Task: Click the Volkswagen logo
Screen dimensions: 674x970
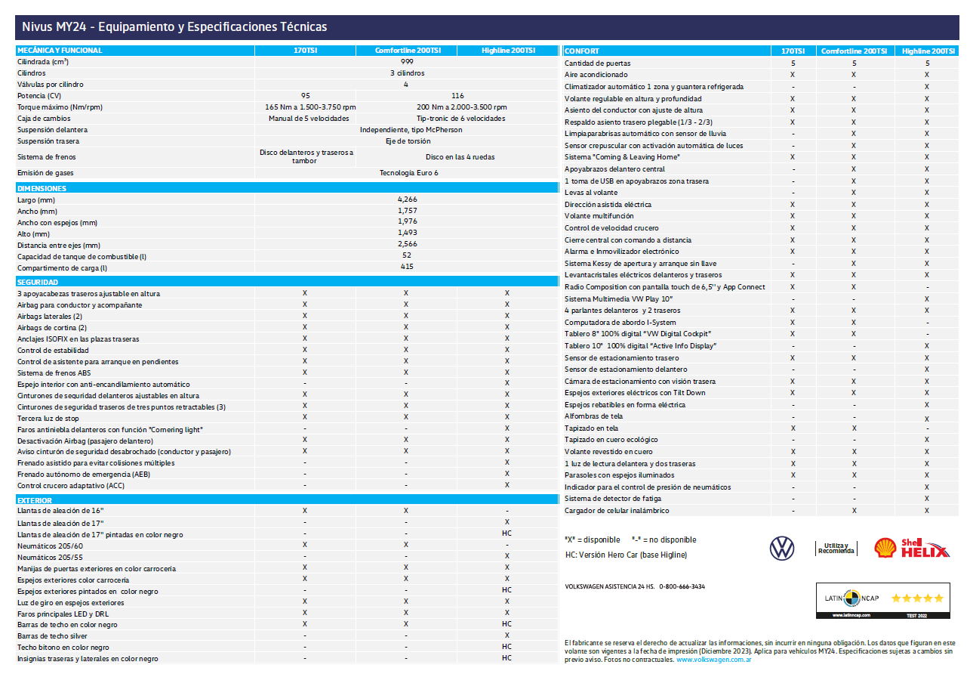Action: click(782, 548)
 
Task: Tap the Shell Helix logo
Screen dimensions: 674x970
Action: click(911, 548)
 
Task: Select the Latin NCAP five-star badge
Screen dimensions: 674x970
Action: click(883, 600)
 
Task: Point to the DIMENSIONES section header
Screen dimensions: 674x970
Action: click(42, 188)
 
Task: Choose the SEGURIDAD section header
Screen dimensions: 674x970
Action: click(38, 282)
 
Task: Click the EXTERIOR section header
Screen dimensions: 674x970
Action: click(35, 500)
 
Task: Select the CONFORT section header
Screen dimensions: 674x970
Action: click(583, 51)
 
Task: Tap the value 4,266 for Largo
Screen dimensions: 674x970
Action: click(407, 199)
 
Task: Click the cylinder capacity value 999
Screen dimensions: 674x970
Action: click(407, 62)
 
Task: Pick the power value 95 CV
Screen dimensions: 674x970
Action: click(305, 96)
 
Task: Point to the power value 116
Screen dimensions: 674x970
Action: click(457, 96)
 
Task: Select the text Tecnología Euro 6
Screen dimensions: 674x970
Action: click(408, 173)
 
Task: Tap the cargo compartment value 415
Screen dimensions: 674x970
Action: click(407, 267)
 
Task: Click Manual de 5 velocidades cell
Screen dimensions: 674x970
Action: click(309, 119)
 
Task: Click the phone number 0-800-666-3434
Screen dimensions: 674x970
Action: click(682, 586)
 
